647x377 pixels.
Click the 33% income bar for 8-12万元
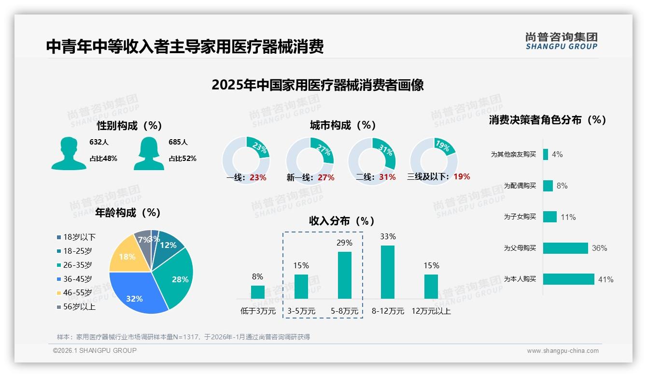(388, 272)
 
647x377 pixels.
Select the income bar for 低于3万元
(258, 292)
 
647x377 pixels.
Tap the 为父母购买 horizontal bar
(565, 248)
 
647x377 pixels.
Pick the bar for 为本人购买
(569, 279)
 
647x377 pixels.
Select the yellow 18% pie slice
(126, 256)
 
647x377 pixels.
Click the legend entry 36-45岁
(75, 279)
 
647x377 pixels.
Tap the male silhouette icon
(69, 153)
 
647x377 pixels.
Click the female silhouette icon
(149, 153)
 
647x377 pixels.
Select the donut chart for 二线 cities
(372, 161)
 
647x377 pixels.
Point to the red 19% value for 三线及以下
(462, 176)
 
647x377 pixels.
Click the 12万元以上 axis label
(431, 311)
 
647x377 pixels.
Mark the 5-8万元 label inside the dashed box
(344, 311)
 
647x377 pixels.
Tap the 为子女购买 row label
(520, 217)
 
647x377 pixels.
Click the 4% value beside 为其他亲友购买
(557, 154)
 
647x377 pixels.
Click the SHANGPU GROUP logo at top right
(561, 41)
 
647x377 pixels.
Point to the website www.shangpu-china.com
(563, 350)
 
